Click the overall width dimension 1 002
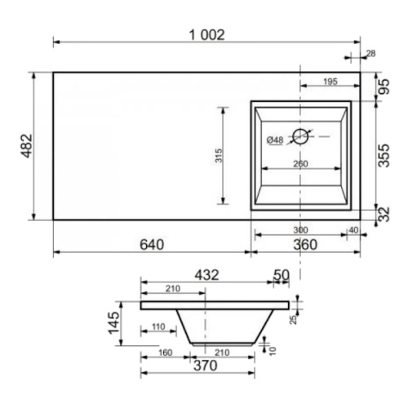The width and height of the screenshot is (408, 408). (207, 35)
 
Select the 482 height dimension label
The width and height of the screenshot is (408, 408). (27, 146)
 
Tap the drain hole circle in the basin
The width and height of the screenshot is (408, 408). (300, 136)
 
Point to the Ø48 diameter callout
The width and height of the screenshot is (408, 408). (275, 140)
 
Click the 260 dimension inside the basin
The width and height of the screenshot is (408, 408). (300, 164)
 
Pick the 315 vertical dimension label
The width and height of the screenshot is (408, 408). (219, 156)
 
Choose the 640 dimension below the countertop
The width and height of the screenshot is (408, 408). (152, 245)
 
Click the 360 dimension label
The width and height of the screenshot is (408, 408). (305, 245)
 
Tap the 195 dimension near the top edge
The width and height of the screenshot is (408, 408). (330, 82)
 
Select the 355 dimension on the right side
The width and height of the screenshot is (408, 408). (384, 156)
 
